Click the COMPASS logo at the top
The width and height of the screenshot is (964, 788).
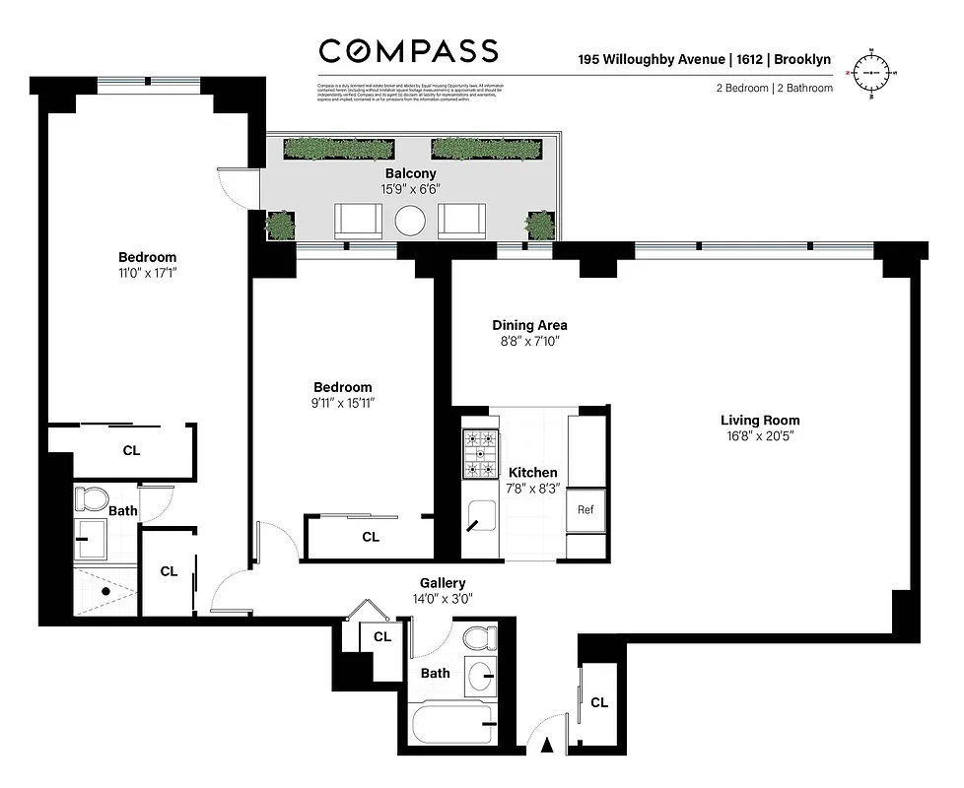[x=408, y=51]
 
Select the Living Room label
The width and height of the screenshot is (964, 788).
[x=760, y=421]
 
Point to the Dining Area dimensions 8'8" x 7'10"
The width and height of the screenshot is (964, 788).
[x=529, y=342]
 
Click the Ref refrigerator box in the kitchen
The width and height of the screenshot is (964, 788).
[x=585, y=510]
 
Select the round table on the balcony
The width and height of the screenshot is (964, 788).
[x=410, y=222]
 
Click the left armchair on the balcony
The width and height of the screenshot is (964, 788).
[x=359, y=221]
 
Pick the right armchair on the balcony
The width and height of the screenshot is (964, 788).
[x=461, y=221]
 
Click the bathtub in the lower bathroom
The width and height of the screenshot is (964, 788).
[x=455, y=726]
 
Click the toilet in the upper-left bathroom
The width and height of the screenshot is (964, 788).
[x=91, y=498]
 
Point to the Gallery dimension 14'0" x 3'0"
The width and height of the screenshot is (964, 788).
[x=443, y=598]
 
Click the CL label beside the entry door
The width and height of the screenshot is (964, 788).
[x=598, y=702]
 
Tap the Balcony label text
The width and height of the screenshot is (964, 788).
[x=410, y=173]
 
